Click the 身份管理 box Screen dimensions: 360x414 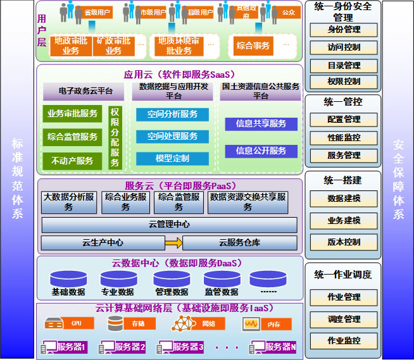(x=344, y=30)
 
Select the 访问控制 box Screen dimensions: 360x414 (x=344, y=47)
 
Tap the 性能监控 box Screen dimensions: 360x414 (x=344, y=137)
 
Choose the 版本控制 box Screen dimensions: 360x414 (x=344, y=242)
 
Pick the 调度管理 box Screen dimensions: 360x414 (x=344, y=319)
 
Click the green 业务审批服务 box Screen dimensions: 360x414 (x=72, y=114)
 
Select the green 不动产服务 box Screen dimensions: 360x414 (x=72, y=161)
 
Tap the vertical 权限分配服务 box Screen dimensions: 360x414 (x=115, y=137)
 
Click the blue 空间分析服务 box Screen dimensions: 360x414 (x=172, y=115)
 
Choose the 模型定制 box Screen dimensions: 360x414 (x=172, y=158)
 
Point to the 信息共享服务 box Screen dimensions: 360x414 (x=261, y=123)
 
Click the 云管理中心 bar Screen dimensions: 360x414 (x=169, y=225)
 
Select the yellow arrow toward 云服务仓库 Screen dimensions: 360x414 (x=173, y=243)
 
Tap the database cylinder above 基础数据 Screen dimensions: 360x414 (x=68, y=278)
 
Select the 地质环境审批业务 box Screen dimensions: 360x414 (x=178, y=46)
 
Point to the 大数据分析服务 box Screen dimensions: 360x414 (x=68, y=202)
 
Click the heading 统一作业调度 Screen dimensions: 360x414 (x=343, y=275)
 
